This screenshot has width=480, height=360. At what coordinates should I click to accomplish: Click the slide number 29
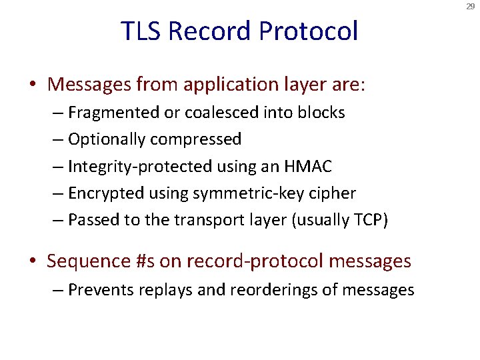click(x=471, y=6)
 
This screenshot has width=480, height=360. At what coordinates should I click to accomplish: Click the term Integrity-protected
click(x=127, y=167)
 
